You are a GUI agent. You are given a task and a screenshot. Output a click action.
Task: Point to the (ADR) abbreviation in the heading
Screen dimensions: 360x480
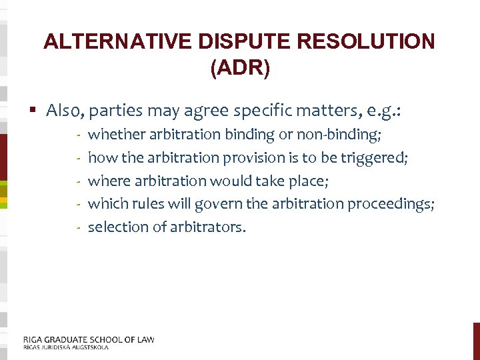coord(240,69)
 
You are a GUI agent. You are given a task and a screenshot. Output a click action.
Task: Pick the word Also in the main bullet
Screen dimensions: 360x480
coord(65,110)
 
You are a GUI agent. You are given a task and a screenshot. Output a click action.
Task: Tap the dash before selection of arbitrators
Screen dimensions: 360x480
coord(78,227)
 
